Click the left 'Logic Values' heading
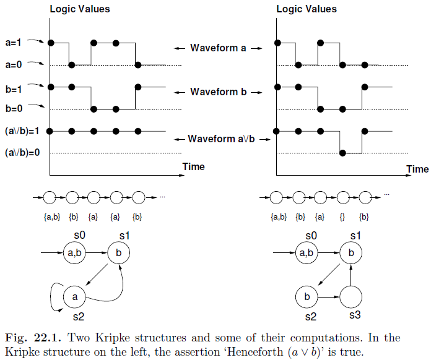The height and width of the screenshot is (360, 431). point(79,9)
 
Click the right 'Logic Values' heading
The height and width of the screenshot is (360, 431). point(307,9)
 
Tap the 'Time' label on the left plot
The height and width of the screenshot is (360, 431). point(193,167)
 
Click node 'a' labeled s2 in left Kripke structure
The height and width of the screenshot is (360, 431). point(75,298)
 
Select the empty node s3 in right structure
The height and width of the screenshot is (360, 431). point(350,298)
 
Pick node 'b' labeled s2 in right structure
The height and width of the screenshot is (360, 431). point(307,298)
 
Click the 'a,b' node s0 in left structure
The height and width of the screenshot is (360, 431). point(75,253)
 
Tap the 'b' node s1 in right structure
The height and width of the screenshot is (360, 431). point(350,253)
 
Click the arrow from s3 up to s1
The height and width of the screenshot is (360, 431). point(350,275)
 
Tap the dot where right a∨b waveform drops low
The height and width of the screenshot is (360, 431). point(342,153)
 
